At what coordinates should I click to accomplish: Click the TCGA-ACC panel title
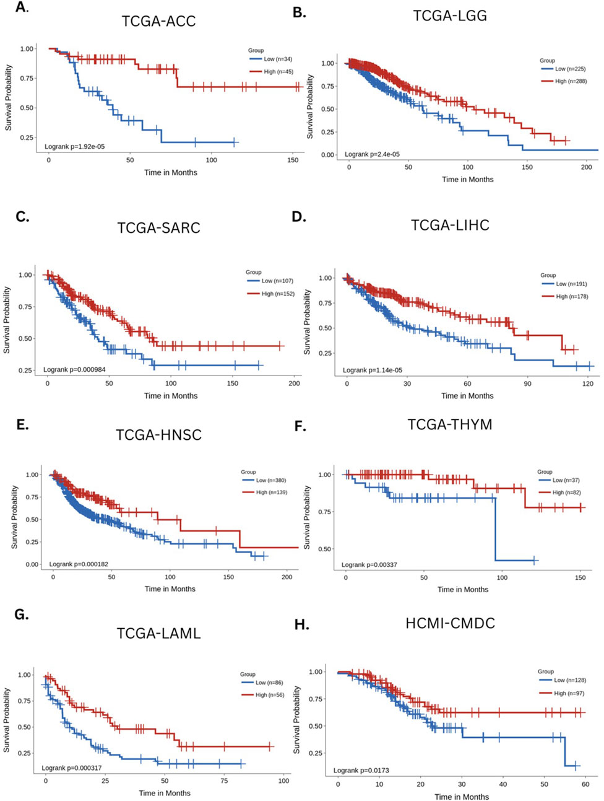click(x=158, y=21)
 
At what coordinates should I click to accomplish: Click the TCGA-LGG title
click(x=450, y=15)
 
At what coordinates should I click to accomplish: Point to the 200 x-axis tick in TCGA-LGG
click(x=586, y=167)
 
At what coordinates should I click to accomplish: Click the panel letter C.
click(x=22, y=216)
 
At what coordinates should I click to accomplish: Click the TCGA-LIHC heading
click(x=450, y=225)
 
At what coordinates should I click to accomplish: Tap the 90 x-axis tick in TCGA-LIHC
click(x=527, y=384)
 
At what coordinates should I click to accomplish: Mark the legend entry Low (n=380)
click(x=270, y=480)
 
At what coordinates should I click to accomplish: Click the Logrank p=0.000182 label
click(x=79, y=564)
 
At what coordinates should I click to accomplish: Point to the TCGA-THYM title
click(x=450, y=424)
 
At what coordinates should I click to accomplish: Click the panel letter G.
click(x=22, y=614)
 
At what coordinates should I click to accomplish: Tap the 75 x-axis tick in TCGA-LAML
click(x=224, y=781)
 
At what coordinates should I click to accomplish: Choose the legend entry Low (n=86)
click(x=269, y=683)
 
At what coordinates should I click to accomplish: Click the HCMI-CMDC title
click(x=450, y=623)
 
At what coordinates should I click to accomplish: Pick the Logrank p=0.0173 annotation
click(x=361, y=771)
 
